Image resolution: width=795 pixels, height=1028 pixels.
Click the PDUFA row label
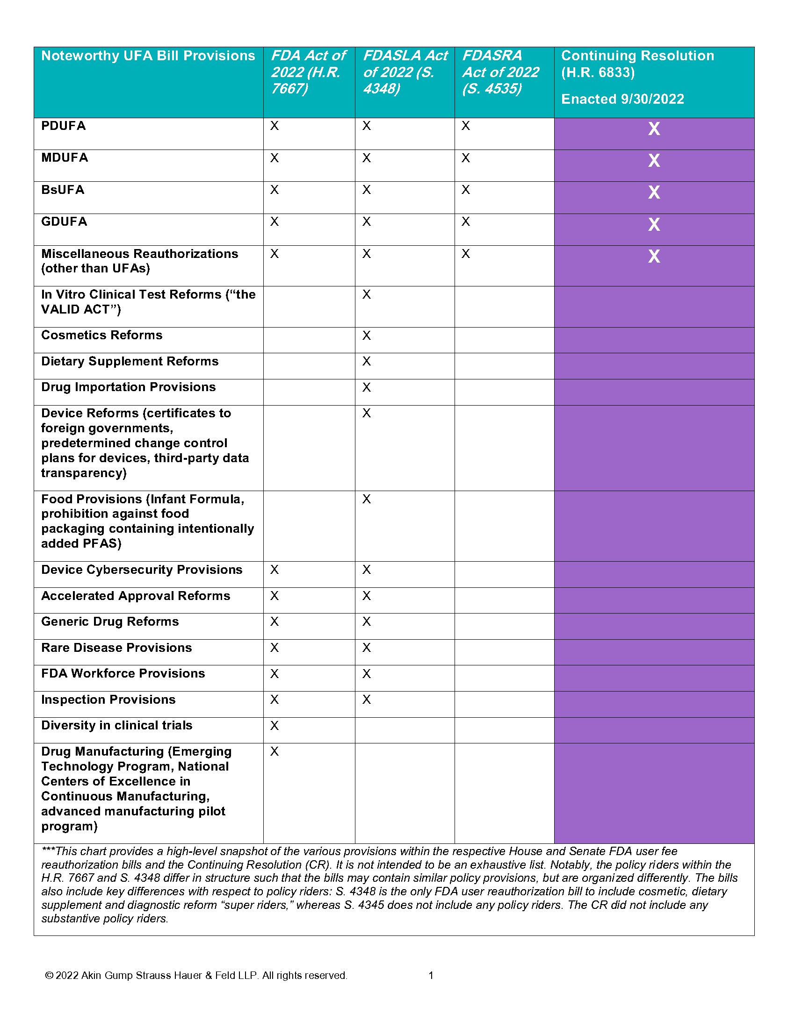(x=63, y=126)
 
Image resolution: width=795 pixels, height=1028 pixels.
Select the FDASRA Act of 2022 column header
(x=500, y=72)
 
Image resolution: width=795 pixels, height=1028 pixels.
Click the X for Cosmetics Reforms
(x=367, y=336)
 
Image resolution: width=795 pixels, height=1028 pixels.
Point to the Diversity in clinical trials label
(x=116, y=725)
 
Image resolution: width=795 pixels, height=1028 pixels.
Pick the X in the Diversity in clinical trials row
(x=275, y=726)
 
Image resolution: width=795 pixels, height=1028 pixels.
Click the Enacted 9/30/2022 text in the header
(x=622, y=99)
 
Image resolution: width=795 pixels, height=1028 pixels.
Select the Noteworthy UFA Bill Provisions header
(x=148, y=56)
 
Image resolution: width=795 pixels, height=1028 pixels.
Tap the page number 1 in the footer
(x=430, y=976)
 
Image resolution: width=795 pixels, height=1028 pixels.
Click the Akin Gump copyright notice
(x=196, y=976)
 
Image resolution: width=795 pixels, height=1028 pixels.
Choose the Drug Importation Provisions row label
(x=128, y=387)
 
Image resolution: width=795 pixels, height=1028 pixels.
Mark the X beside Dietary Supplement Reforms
(x=367, y=362)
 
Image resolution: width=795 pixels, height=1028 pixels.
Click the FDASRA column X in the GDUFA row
(x=466, y=221)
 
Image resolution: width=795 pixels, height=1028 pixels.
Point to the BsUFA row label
(x=63, y=190)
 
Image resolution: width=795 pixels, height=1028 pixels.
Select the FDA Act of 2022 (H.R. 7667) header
(x=308, y=72)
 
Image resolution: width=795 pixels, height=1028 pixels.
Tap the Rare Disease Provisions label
(x=116, y=648)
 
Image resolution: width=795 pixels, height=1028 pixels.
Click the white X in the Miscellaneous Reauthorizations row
(x=654, y=257)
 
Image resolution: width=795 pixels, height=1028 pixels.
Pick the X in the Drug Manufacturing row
(x=275, y=752)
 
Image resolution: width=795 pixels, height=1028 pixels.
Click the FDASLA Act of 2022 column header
(x=405, y=72)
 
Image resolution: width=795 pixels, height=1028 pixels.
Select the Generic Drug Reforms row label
(x=110, y=622)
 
